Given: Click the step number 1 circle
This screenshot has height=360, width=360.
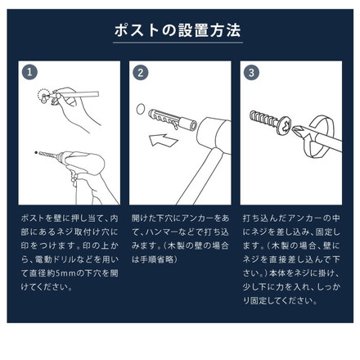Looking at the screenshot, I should pos(29,72).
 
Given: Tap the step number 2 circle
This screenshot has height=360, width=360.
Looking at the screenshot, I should pos(140,72).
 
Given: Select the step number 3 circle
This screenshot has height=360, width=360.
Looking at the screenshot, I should pos(251,72).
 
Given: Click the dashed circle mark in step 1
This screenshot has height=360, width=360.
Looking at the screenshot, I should pos(43,97).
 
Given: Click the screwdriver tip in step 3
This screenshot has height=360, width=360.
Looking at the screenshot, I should pos(300,131).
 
